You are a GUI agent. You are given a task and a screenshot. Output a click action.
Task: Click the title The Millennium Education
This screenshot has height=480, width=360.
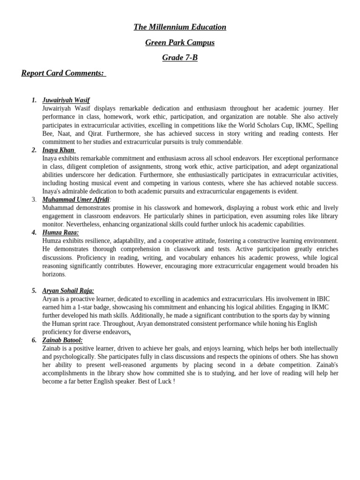click(x=180, y=27)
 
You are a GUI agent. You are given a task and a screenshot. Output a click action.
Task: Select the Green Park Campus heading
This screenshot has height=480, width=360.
click(x=180, y=43)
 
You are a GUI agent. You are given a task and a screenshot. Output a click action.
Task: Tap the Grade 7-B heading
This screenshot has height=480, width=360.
click(x=180, y=58)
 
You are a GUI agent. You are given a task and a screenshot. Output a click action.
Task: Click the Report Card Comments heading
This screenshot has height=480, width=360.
click(x=63, y=73)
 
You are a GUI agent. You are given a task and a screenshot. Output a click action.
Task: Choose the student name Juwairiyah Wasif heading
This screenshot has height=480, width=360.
click(x=66, y=100)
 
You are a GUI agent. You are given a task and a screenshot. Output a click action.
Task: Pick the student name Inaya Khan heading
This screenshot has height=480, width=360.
click(x=59, y=150)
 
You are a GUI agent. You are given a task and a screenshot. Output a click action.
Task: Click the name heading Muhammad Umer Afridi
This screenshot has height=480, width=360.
click(x=75, y=200)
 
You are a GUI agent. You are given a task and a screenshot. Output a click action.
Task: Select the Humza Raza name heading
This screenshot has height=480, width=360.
click(x=60, y=232)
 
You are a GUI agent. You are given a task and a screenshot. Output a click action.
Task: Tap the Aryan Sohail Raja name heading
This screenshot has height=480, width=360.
click(x=68, y=291)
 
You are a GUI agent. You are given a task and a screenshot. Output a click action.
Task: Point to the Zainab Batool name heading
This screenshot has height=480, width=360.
click(x=62, y=340)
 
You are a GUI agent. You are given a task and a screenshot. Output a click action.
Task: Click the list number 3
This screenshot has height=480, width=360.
click(x=34, y=200)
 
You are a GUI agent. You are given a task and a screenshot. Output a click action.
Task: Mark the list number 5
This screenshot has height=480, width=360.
click(x=34, y=291)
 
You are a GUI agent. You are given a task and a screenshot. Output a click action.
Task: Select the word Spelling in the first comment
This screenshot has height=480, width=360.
click(x=327, y=125)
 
